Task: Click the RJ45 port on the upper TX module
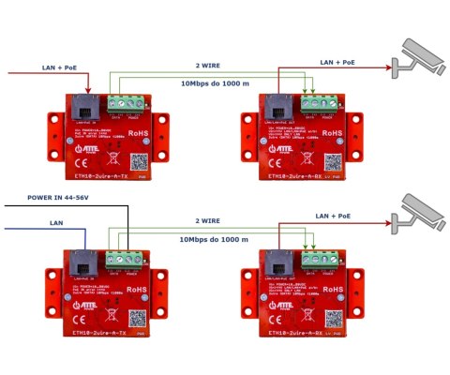click(x=82, y=105)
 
